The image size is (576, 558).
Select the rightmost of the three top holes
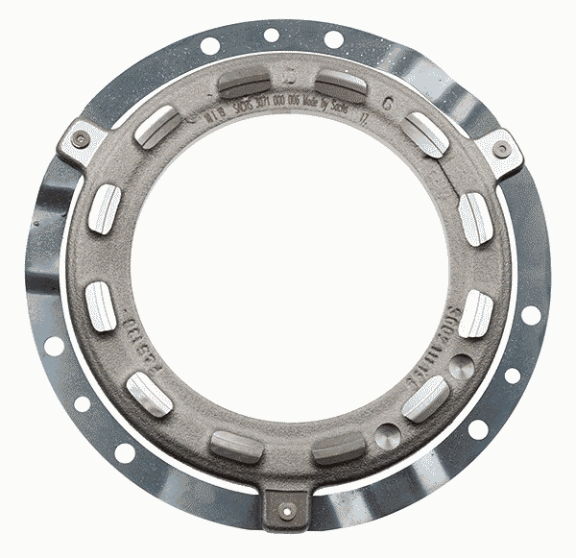[x=333, y=39]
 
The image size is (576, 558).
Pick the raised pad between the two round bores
[x=424, y=398]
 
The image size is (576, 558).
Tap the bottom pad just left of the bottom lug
[x=236, y=446]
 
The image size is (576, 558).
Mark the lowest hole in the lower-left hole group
[x=125, y=452]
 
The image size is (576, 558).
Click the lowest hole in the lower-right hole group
[x=477, y=429]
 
